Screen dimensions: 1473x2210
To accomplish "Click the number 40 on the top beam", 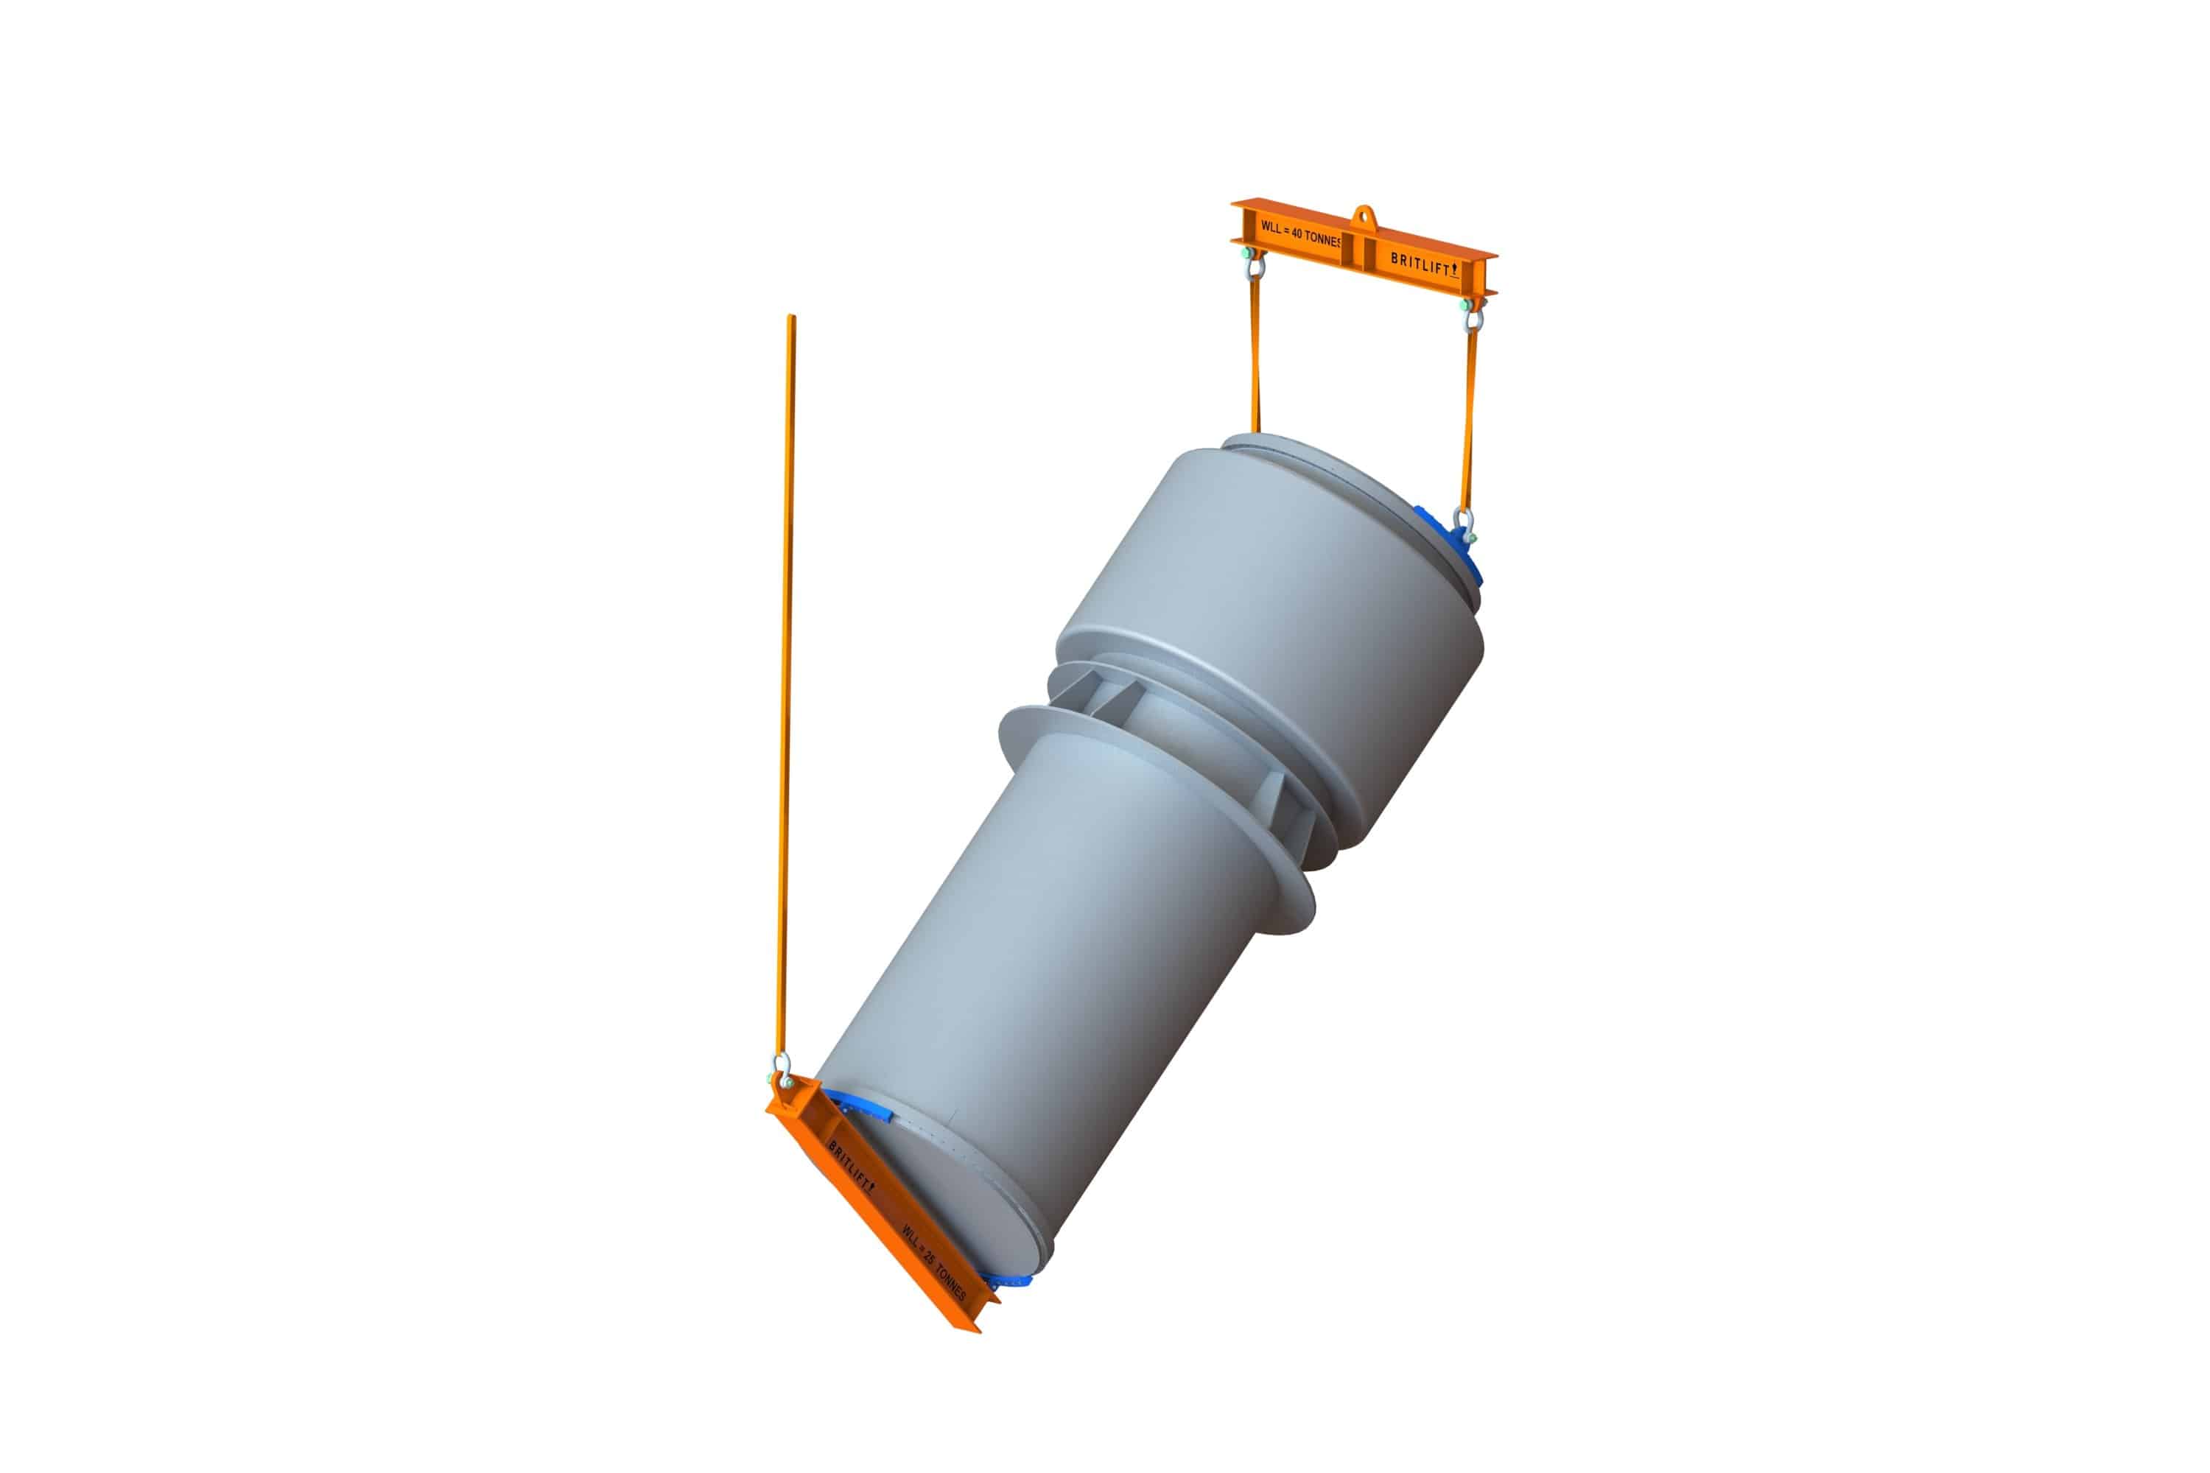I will (1297, 236).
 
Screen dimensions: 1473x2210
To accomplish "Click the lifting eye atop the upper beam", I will (1364, 215).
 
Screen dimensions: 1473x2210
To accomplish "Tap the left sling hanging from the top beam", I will (1255, 357).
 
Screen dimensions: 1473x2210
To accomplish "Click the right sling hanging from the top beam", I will (1469, 413).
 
